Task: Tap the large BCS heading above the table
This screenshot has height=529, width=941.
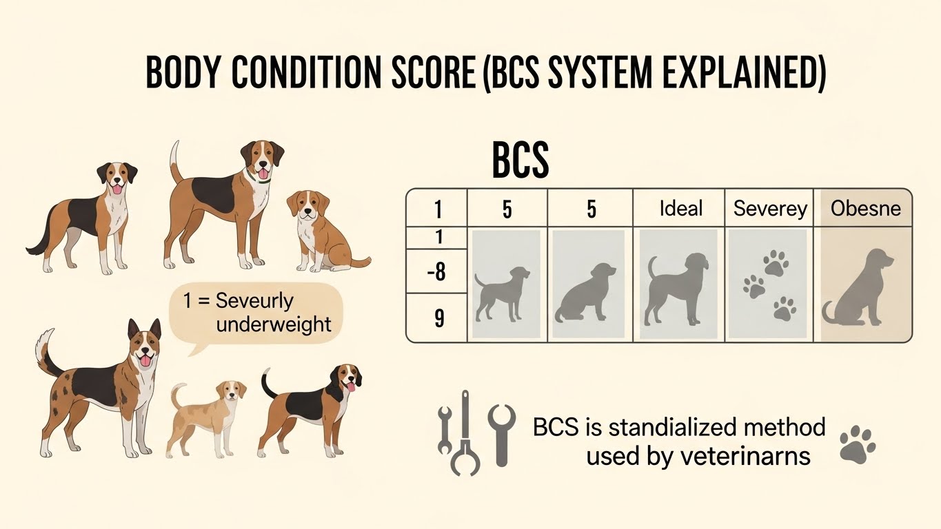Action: (520, 161)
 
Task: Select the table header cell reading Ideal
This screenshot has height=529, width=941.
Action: (680, 207)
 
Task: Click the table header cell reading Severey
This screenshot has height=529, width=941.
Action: (770, 208)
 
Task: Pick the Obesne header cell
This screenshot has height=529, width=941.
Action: (865, 208)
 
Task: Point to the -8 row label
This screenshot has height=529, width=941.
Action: (436, 272)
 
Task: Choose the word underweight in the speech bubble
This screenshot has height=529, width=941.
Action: (274, 324)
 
